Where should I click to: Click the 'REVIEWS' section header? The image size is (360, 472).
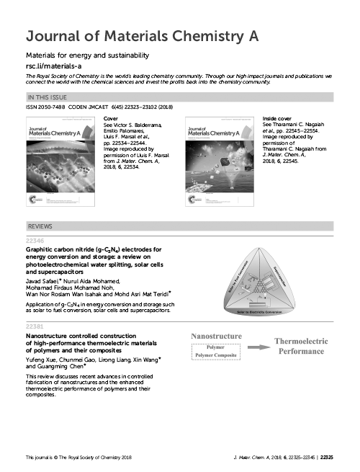pyautogui.click(x=40, y=226)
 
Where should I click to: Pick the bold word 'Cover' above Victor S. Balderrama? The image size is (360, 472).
pyautogui.click(x=111, y=117)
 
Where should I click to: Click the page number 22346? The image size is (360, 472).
pyautogui.click(x=35, y=240)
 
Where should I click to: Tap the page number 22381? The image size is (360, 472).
pyautogui.click(x=35, y=328)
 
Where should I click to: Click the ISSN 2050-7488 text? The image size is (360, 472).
pyautogui.click(x=45, y=107)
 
